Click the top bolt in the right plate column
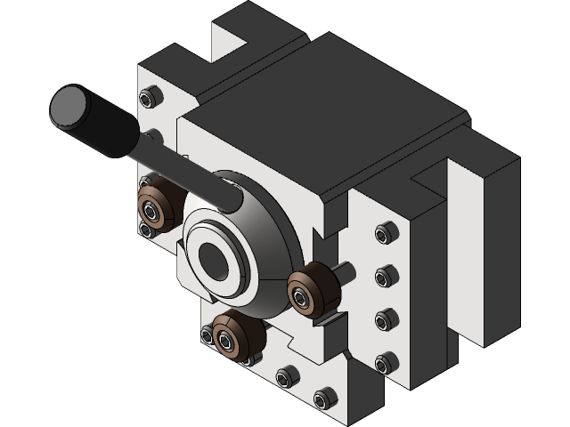coord(384,235)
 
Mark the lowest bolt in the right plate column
coord(385,362)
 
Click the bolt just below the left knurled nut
coord(145,230)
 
